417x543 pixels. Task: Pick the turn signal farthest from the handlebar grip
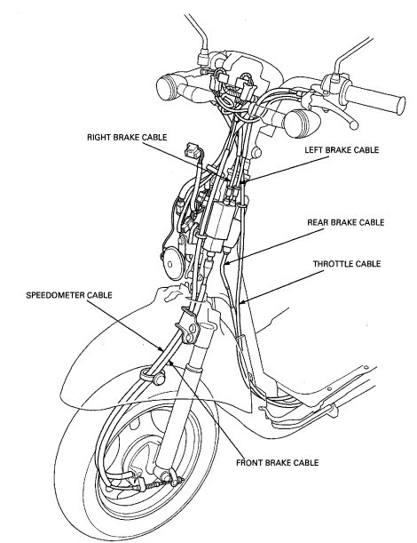(x=169, y=88)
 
